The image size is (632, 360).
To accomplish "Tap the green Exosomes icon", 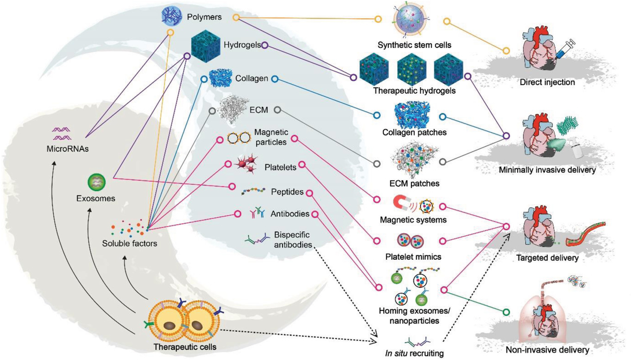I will coord(96,181).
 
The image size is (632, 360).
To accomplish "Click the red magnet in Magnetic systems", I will coord(401,202).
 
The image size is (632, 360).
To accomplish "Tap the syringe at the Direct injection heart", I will coord(565,48).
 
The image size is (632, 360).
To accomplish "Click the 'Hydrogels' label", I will coord(241,45).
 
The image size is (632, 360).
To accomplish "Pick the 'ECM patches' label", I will coord(415,183).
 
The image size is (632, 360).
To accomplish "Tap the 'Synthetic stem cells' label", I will coord(414,44).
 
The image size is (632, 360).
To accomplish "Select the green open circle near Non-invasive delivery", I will coord(506,312).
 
